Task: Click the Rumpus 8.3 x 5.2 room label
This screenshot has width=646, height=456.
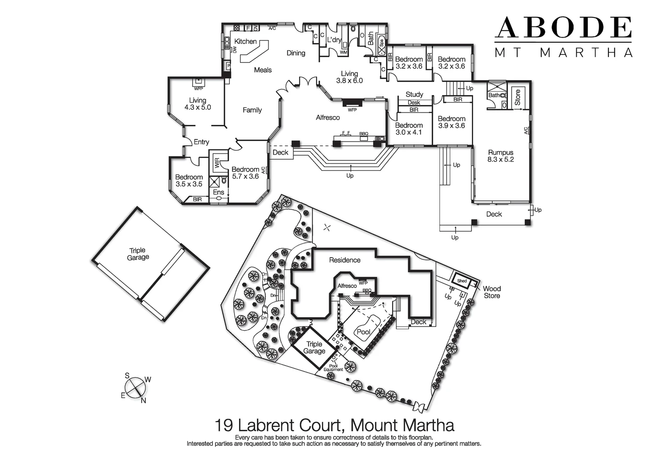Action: (x=500, y=156)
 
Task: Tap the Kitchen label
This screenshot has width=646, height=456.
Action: (x=245, y=41)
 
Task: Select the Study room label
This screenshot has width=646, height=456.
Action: (x=414, y=94)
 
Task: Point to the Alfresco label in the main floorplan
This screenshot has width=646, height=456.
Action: (x=328, y=117)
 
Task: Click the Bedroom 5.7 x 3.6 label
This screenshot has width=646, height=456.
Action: (x=245, y=173)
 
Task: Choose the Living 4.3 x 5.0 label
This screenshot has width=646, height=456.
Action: (x=197, y=104)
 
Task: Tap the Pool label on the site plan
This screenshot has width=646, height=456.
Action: (x=363, y=332)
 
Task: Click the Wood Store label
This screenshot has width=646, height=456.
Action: (x=492, y=292)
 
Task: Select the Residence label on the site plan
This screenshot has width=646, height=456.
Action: (x=345, y=260)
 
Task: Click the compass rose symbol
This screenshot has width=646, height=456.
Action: (x=135, y=387)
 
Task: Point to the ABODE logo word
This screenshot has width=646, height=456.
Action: (x=563, y=28)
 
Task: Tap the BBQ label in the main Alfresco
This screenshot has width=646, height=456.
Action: (x=364, y=134)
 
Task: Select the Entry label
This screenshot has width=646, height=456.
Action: (x=202, y=142)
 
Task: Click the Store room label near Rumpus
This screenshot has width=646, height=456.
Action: (x=517, y=98)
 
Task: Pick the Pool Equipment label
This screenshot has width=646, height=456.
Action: (x=333, y=368)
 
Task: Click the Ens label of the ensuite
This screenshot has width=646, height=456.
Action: (x=218, y=192)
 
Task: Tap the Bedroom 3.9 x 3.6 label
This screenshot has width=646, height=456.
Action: (x=451, y=122)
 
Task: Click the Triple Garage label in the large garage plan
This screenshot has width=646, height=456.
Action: (x=138, y=254)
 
